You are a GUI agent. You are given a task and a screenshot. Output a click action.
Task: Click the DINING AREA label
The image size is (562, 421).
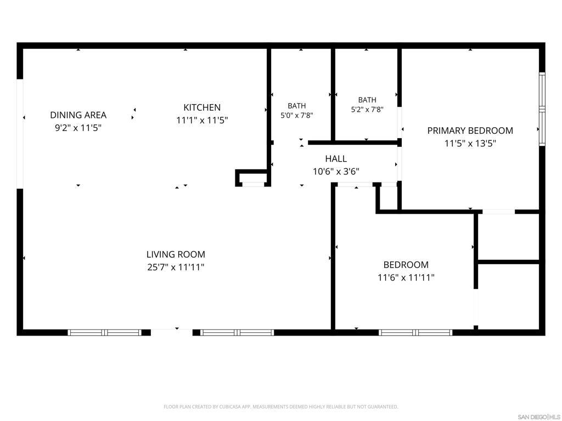78,115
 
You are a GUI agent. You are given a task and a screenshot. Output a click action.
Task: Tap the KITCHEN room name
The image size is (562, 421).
202,107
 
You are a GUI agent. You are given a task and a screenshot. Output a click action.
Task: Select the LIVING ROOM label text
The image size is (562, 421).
176,254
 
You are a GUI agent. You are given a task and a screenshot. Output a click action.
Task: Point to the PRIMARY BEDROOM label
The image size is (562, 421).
470,130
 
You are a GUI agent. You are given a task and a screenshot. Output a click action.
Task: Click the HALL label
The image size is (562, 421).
336,158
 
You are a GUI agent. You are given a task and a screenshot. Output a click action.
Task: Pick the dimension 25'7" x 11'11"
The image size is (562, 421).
176,267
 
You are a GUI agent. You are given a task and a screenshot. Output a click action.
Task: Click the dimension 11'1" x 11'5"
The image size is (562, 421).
202,120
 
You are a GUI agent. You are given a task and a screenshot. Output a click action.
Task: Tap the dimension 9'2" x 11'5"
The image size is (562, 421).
78,128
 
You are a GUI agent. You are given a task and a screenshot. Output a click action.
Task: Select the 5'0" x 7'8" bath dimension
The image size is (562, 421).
297,115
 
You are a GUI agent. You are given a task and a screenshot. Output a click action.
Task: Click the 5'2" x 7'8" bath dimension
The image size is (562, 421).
367,110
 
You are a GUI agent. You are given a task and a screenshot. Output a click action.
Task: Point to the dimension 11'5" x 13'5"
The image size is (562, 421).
470,144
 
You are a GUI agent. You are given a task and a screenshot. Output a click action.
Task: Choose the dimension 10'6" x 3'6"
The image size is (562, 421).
336,172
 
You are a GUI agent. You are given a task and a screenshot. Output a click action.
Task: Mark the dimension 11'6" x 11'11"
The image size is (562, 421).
406,277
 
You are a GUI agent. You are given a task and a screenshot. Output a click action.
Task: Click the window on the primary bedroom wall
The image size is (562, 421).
542,109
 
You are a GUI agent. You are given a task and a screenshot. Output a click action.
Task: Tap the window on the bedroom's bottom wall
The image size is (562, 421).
415,333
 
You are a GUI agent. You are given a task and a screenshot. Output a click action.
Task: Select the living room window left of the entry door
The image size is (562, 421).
105,333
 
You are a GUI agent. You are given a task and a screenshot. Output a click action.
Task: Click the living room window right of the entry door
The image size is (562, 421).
237,333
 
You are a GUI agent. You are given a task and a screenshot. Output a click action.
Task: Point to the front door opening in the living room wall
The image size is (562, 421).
172,333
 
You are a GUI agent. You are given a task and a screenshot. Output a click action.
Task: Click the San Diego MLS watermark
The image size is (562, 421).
539,417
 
